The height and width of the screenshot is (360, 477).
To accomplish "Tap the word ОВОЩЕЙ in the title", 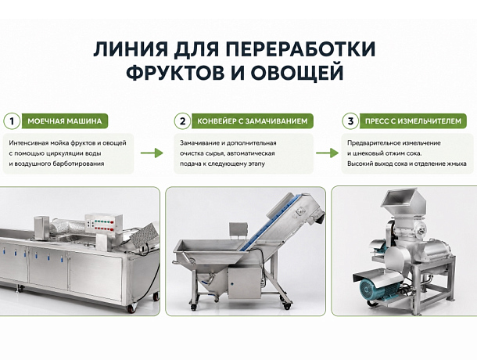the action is click(x=297, y=72).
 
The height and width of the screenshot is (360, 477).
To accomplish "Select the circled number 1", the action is click(x=12, y=121).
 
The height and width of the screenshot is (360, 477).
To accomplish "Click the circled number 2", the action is click(x=182, y=121).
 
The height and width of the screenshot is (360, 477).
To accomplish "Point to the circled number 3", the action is click(x=350, y=121).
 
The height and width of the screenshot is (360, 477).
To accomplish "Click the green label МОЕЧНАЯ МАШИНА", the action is click(x=65, y=121).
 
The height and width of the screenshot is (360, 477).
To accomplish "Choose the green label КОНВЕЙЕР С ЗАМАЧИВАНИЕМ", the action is click(x=253, y=121).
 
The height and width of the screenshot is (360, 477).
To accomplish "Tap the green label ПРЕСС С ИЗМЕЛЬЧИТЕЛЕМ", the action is click(x=413, y=121).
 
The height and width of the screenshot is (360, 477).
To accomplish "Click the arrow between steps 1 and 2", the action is click(x=152, y=153).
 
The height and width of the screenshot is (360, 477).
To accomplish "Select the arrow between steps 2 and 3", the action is click(x=327, y=153).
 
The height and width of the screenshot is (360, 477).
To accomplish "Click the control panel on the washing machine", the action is click(x=103, y=224).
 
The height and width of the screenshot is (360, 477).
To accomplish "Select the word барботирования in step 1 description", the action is click(x=78, y=164).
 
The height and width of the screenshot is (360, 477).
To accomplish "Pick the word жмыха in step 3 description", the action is click(x=457, y=164).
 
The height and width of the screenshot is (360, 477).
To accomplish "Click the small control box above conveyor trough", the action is click(x=238, y=230).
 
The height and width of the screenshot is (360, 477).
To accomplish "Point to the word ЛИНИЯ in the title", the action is click(x=131, y=49).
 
